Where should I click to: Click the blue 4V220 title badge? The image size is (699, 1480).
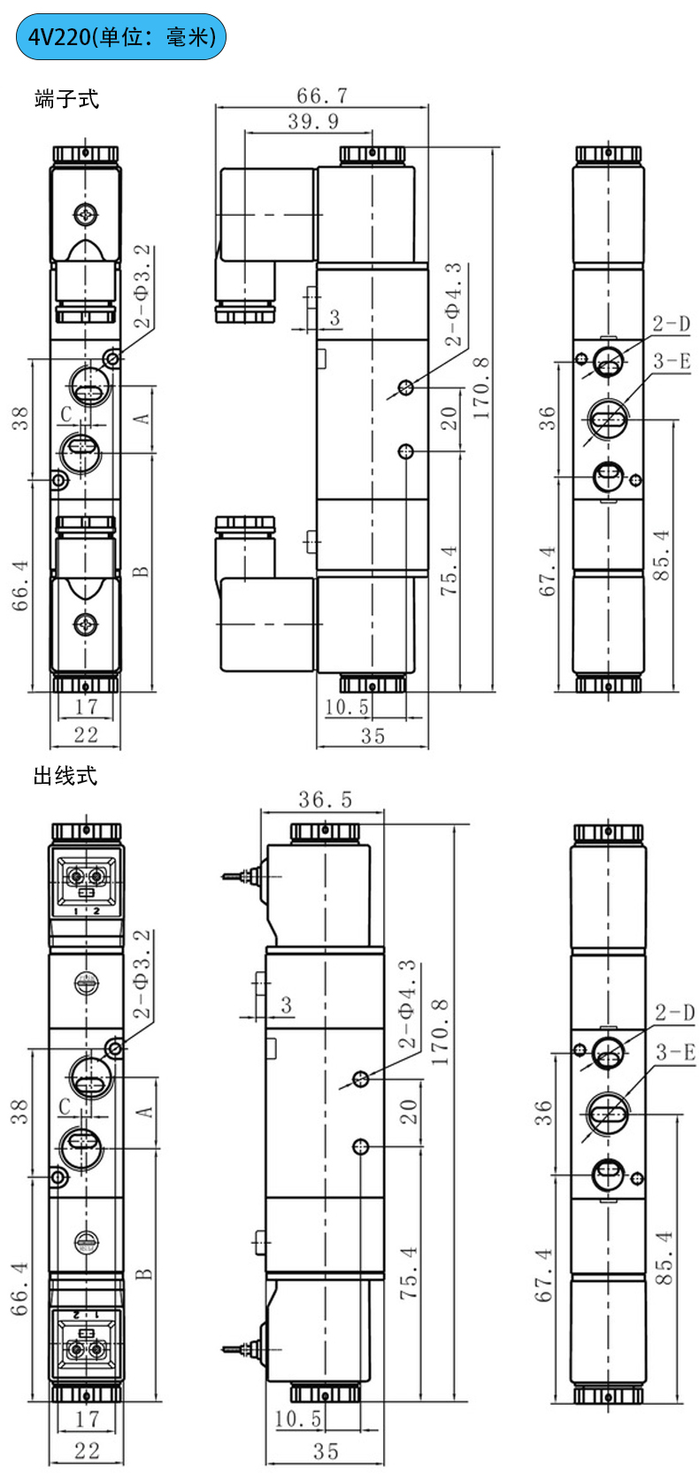[121, 36]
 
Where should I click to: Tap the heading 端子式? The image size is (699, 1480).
[66, 99]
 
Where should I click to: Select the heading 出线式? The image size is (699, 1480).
[65, 776]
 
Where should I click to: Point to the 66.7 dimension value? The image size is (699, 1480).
[322, 95]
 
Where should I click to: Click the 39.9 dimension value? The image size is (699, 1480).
[313, 121]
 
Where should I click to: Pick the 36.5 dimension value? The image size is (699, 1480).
[325, 800]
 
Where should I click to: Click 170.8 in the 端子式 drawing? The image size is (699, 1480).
[480, 387]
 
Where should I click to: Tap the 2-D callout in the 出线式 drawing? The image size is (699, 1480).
[674, 1013]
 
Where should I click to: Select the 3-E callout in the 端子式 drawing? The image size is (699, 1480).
[672, 361]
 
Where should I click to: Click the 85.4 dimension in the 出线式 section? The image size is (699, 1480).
[664, 1258]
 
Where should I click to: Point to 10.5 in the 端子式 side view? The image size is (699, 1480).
[347, 707]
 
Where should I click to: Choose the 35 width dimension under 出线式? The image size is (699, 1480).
[326, 1452]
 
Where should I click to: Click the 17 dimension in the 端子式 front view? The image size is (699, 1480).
[86, 706]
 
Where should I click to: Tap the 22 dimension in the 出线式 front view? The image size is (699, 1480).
[86, 1450]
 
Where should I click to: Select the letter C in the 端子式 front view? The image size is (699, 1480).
[66, 414]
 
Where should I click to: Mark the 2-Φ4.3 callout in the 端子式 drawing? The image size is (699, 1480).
[453, 305]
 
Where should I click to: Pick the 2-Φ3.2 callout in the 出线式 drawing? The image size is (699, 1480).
[142, 973]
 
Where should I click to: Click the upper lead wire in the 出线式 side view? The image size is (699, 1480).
[236, 876]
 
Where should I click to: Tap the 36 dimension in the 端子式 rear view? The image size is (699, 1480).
[548, 418]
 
